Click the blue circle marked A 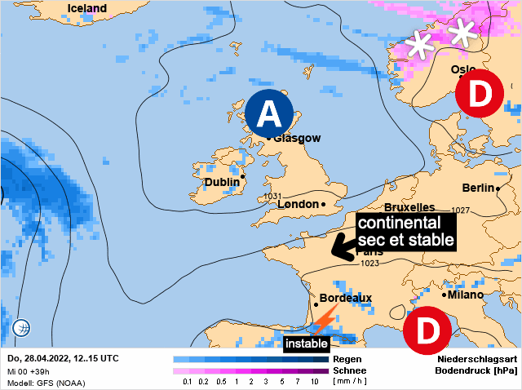(x=270, y=114)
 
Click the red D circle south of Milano (x=427, y=330)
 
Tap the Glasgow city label (x=297, y=138)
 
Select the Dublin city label (x=221, y=182)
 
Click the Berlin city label (x=479, y=188)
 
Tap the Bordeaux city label (x=346, y=299)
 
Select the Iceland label (x=86, y=8)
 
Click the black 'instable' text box (x=306, y=343)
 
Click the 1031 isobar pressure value (x=272, y=197)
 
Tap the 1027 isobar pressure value (x=461, y=211)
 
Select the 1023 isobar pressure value (x=369, y=264)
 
